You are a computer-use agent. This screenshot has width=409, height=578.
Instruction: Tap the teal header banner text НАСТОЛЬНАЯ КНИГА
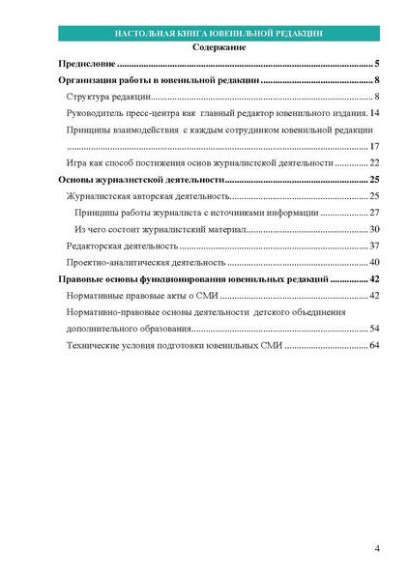tap(161, 33)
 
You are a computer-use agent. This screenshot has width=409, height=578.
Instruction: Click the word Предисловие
tap(88, 64)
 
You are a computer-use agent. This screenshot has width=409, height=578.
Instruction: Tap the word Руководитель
tap(98, 114)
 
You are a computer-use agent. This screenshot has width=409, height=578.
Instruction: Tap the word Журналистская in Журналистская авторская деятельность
tap(101, 196)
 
